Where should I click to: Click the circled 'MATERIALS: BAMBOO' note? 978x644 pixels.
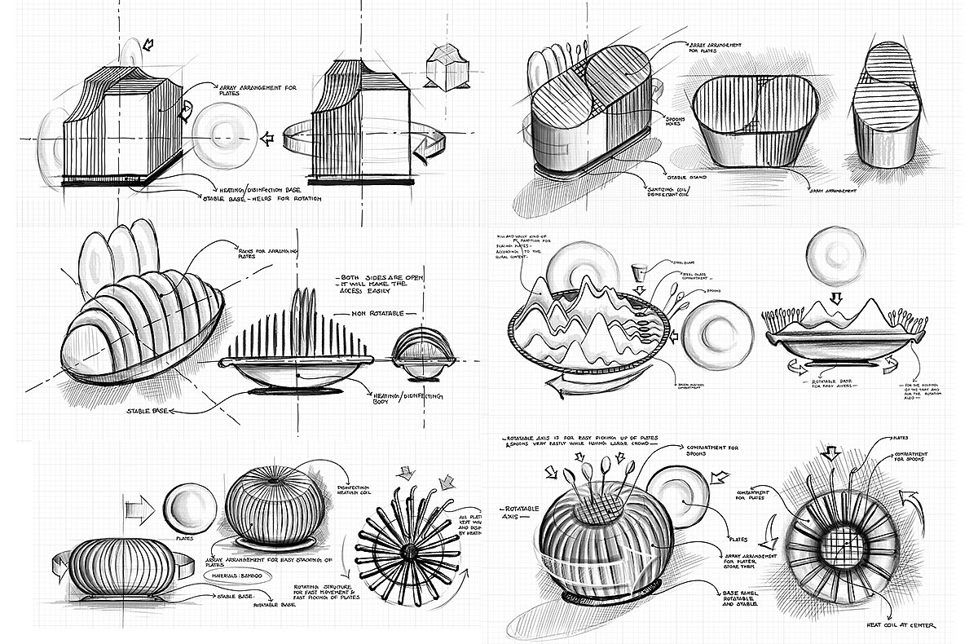point(237,575)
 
